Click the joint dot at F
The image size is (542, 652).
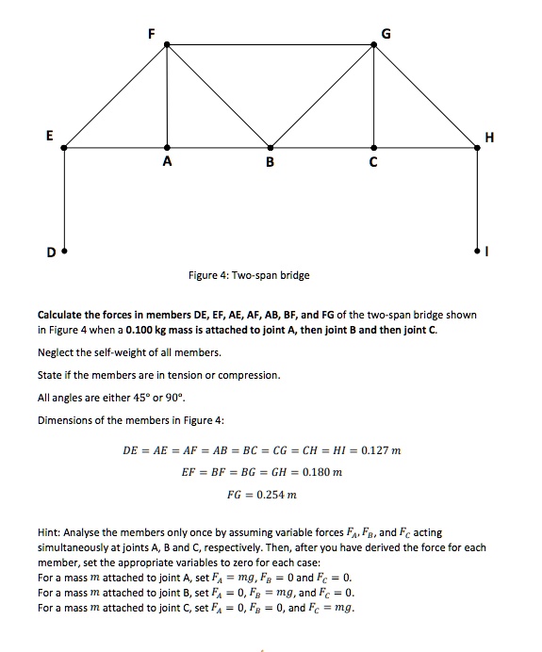pos(168,44)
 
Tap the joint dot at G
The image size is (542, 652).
pos(374,44)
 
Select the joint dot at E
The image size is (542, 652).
pos(64,147)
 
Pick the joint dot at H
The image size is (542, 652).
pos(477,147)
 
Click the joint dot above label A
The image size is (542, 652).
pos(168,147)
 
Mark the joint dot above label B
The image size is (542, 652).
pos(271,147)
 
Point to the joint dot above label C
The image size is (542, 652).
pos(374,147)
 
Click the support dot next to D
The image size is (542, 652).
pos(64,251)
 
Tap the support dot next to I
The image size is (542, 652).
pos(477,251)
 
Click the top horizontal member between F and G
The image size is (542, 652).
pos(271,44)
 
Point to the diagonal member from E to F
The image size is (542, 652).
pos(116,95)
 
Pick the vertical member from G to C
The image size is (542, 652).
pos(374,94)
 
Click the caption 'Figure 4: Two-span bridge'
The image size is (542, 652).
pos(249,275)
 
